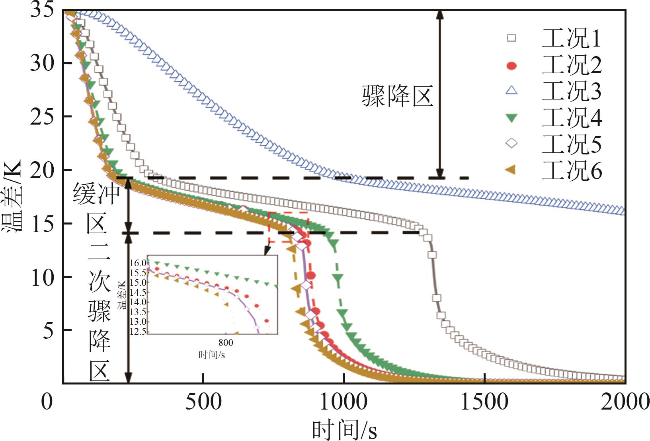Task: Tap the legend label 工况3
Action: [x=571, y=91]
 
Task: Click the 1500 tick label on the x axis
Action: [x=484, y=402]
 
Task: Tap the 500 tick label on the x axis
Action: [x=203, y=402]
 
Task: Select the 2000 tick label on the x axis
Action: [x=625, y=402]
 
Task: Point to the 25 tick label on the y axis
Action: [x=42, y=117]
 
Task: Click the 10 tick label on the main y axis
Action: [x=42, y=277]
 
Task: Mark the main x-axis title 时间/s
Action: [x=345, y=430]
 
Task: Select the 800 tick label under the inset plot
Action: [x=225, y=343]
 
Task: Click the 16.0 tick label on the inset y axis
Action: [x=138, y=263]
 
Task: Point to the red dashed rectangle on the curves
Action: [x=288, y=227]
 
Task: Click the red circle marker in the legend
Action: [x=511, y=65]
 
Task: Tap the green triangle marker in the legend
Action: [x=511, y=118]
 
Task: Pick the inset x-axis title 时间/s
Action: [x=212, y=355]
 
